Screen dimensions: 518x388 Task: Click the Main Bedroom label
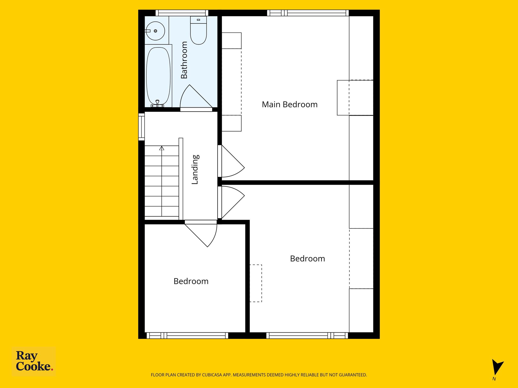pos(290,104)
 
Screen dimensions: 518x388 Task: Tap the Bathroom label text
pos(184,60)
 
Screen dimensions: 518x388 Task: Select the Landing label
pos(195,169)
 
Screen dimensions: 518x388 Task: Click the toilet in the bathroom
pos(199,30)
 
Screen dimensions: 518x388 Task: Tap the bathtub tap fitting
pos(157,104)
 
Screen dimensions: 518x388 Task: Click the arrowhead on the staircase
pos(162,148)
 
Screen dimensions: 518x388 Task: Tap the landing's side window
pos(141,127)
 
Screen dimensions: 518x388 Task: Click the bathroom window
pos(182,13)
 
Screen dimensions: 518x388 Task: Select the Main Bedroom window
pos(308,13)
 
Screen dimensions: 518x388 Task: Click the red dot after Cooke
pos(52,369)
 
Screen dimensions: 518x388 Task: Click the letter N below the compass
pos(494,379)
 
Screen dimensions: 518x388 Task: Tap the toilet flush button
pos(198,20)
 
